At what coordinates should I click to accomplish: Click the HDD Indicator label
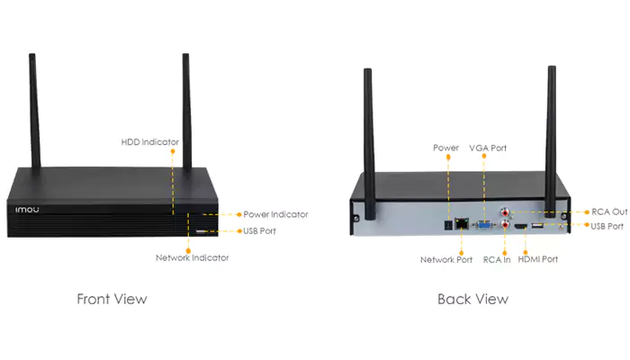tap(150, 142)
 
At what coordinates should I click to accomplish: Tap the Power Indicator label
tap(275, 214)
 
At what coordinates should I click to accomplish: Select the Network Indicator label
tap(192, 258)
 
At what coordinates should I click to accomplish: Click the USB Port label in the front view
tap(259, 231)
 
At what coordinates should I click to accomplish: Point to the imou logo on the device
tap(27, 210)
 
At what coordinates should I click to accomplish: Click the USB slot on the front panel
tap(201, 231)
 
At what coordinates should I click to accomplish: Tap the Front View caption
tap(112, 299)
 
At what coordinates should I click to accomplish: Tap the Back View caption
tap(472, 299)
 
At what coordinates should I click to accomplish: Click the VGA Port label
tap(488, 148)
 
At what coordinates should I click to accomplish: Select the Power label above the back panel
tap(445, 148)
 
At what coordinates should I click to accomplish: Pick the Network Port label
tap(446, 260)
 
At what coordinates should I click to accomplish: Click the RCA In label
tap(497, 260)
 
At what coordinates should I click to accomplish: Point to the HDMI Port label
tap(537, 259)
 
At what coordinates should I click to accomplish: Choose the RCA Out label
tap(609, 211)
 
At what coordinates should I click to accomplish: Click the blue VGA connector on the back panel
tap(484, 225)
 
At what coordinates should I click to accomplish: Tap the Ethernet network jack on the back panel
tap(462, 223)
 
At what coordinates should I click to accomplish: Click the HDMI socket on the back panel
tap(521, 227)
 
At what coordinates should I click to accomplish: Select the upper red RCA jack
tap(505, 211)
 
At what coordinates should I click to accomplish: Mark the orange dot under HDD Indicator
tap(173, 151)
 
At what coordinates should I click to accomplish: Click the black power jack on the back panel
tap(448, 225)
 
